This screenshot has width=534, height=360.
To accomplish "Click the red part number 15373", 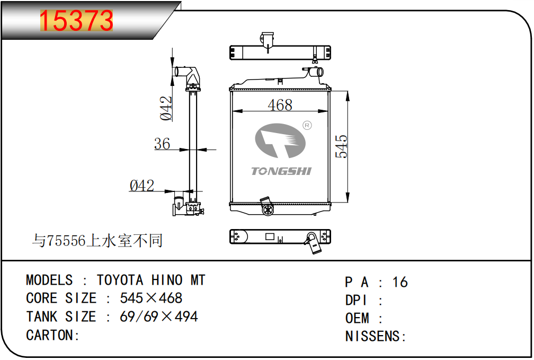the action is pyautogui.click(x=76, y=21).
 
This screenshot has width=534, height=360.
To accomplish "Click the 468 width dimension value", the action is pyautogui.click(x=280, y=104).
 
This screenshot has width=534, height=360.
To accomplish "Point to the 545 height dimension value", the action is pyautogui.click(x=341, y=146).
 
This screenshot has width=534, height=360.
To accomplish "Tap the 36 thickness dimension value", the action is pyautogui.click(x=162, y=144).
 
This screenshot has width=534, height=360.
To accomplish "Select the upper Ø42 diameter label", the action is pyautogui.click(x=166, y=108).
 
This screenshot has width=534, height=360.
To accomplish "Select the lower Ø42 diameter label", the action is pyautogui.click(x=141, y=186).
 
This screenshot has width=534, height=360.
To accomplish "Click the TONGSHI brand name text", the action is pyautogui.click(x=281, y=171).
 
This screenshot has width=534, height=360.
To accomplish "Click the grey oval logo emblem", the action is pyautogui.click(x=280, y=141).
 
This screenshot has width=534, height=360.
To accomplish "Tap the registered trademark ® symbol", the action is pyautogui.click(x=307, y=126).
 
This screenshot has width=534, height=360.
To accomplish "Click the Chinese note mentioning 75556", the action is pyautogui.click(x=97, y=241).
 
